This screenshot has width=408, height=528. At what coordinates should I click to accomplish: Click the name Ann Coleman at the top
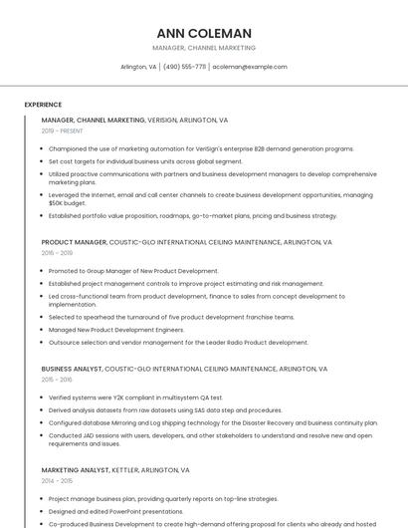coord(204,33)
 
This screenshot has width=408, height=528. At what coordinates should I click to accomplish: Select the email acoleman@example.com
coord(250,67)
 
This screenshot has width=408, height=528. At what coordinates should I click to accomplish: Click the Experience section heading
coord(43,105)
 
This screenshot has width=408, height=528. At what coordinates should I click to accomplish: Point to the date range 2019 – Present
coord(63,132)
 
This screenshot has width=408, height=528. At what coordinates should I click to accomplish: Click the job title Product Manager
coord(74,242)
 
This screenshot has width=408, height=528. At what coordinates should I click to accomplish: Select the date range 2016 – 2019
coord(57,253)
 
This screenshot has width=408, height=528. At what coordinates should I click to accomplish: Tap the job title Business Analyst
coord(71,369)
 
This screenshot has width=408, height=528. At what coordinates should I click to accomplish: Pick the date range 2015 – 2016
coord(57,380)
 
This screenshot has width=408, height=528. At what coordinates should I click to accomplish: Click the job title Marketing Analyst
coord(75,469)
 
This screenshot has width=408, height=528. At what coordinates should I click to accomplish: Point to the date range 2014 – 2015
coord(57,480)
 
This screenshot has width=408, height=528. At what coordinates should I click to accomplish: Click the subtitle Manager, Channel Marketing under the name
coord(204,48)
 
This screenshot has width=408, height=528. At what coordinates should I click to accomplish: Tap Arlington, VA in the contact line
coord(138,67)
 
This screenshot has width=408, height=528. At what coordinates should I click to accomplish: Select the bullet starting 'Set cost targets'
coord(145,160)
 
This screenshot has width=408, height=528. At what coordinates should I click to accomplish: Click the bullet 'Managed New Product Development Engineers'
coord(116,330)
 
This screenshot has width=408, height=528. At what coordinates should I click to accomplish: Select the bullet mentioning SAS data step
coord(165,409)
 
